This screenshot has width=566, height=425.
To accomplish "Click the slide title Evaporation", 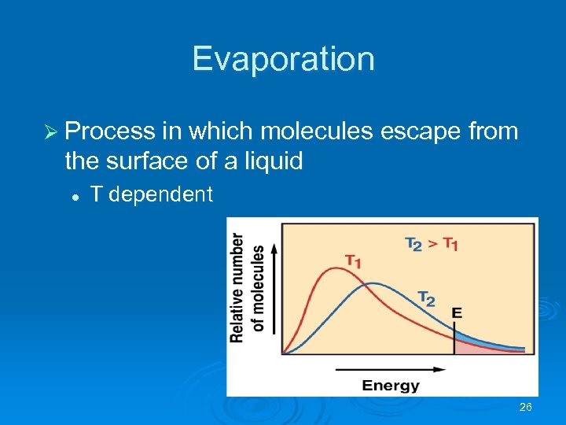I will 283,59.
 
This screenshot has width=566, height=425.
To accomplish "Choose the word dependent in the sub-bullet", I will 160,194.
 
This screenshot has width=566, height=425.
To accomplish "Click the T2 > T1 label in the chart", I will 432,244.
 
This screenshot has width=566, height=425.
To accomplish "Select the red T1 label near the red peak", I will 353,261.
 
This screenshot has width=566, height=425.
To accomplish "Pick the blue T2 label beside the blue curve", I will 426,297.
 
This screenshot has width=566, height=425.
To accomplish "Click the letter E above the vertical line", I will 457,313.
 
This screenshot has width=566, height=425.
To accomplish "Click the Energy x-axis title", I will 391,386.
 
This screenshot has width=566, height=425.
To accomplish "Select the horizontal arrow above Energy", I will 377,368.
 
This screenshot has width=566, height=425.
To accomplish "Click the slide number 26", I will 526,407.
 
